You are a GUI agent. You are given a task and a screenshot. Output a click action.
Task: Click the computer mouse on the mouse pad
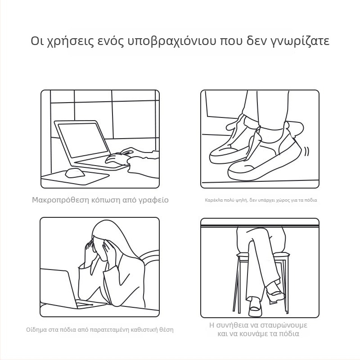pyautogui.click(x=75, y=173)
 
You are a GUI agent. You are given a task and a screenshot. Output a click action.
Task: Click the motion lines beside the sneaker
pyautogui.click(x=307, y=152)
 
